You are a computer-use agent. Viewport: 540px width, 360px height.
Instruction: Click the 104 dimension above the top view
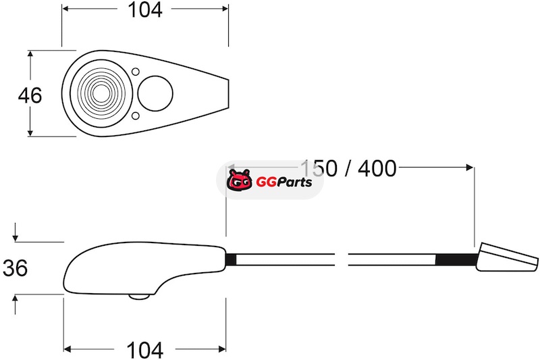tap(144, 10)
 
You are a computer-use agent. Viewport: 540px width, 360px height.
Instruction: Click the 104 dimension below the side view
tap(144, 350)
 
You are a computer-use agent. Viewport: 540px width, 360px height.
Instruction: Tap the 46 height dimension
tap(30, 95)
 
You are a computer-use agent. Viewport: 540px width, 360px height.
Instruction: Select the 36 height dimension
tap(15, 268)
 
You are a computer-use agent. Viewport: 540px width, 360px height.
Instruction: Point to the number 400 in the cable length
tap(377, 169)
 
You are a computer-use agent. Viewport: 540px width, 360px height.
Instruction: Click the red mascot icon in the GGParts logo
tap(240, 180)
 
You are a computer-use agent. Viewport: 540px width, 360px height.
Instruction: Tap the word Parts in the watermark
tap(294, 182)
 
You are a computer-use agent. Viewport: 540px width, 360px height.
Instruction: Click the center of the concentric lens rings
tap(101, 93)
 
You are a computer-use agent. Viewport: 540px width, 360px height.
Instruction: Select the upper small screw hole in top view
tap(136, 72)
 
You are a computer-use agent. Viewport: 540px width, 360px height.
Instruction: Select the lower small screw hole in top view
tap(136, 115)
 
